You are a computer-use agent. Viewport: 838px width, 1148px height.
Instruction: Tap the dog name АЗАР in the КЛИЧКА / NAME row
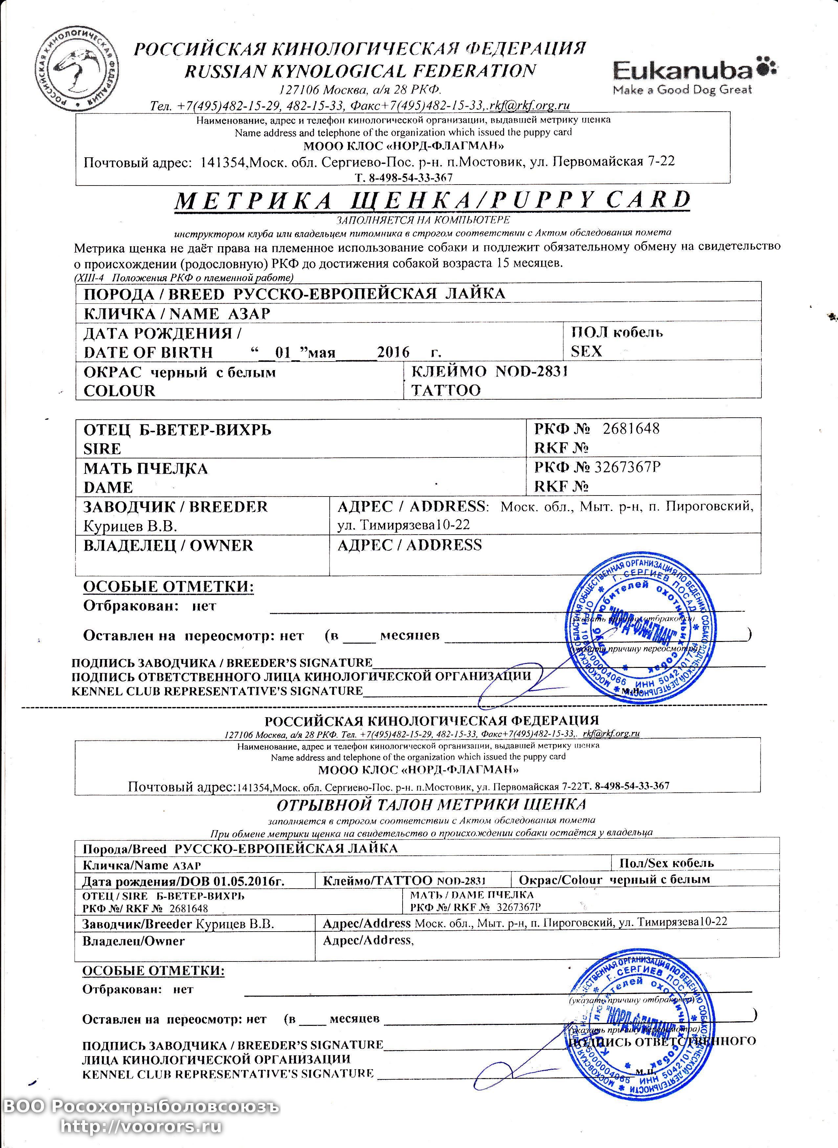point(249,314)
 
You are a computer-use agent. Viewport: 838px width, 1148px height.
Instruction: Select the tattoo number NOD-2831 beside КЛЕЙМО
point(531,371)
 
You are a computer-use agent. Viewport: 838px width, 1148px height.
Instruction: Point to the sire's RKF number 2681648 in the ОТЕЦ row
point(631,429)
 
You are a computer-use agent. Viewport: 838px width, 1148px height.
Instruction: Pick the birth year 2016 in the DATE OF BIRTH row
point(393,352)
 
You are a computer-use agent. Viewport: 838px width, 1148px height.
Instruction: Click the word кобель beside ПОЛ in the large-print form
point(638,333)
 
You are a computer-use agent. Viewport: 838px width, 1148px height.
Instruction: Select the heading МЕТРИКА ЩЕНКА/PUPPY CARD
point(432,200)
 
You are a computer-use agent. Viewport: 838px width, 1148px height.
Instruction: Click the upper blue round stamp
point(640,629)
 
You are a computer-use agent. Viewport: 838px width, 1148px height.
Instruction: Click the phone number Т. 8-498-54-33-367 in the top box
point(404,178)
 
